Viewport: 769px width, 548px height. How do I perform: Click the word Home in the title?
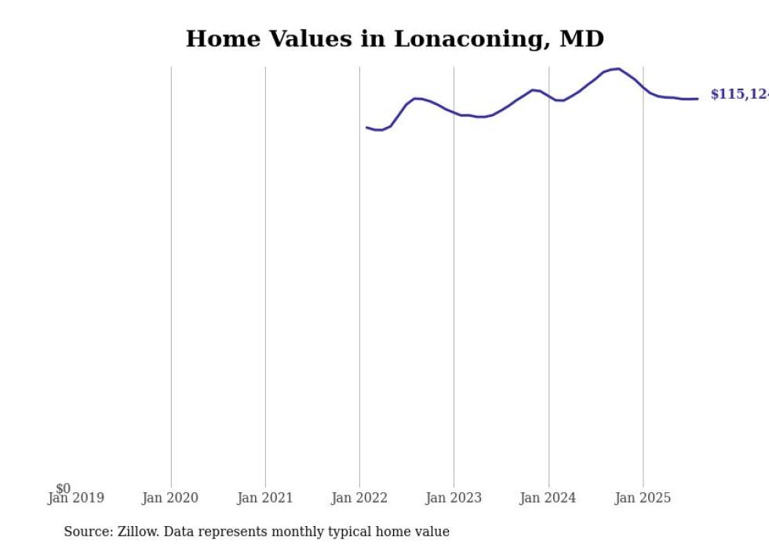pos(219,39)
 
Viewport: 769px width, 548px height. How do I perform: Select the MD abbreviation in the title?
pos(581,39)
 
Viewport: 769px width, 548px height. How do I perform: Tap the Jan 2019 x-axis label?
pos(75,498)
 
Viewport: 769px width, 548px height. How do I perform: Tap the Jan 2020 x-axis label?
pos(170,498)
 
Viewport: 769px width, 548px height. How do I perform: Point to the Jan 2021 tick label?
pos(265,498)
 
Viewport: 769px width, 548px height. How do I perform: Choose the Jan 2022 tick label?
pos(359,498)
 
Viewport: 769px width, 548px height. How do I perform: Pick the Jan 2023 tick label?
pos(454,498)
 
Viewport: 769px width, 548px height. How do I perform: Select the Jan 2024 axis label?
pos(548,498)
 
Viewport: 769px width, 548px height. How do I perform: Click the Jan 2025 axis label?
pos(643,498)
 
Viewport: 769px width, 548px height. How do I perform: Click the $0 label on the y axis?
pos(63,488)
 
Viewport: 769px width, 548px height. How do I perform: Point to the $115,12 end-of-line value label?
pos(738,94)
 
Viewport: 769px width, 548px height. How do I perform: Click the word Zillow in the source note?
pos(138,532)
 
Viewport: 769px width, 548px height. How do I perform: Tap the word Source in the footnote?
pos(87,532)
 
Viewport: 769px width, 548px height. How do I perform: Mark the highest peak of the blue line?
pos(618,69)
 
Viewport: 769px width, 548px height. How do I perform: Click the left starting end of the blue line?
pos(366,127)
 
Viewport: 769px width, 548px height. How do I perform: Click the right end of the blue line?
pos(698,99)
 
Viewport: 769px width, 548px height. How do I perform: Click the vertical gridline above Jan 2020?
pos(171,274)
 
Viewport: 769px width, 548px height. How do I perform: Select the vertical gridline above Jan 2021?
pos(265,274)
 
